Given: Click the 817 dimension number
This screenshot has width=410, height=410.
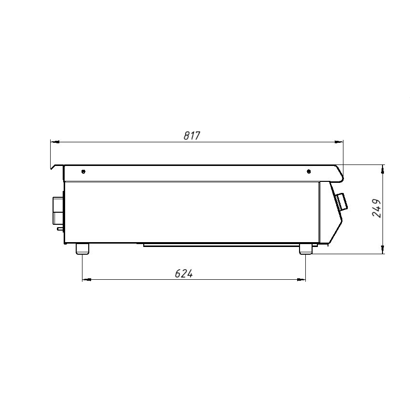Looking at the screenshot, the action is (x=192, y=136).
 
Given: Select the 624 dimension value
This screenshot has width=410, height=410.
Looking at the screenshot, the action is (x=184, y=273).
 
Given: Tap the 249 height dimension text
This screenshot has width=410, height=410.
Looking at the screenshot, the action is (x=377, y=208).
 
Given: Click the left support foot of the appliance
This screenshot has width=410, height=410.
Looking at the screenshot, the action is (x=82, y=249).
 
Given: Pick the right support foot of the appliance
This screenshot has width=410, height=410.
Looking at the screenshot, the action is (x=306, y=249).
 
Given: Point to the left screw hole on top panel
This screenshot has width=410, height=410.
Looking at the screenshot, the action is (x=83, y=172).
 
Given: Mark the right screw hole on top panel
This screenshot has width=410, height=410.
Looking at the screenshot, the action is (x=309, y=172).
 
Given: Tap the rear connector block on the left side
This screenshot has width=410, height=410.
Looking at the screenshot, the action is (x=58, y=210).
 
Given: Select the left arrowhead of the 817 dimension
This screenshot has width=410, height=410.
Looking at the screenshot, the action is (x=55, y=142).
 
